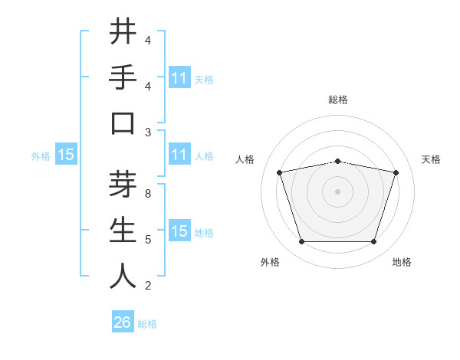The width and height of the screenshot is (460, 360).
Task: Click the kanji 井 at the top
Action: pos(123,32)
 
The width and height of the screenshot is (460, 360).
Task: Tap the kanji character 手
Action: pos(123,78)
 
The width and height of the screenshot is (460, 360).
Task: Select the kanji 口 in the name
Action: pos(123,124)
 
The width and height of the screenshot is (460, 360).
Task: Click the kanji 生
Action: pos(123,231)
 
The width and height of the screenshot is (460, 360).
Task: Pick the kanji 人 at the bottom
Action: pos(123,277)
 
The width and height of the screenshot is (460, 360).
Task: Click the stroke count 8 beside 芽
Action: pos(148,194)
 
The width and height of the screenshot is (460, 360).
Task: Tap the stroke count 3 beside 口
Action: pos(148,133)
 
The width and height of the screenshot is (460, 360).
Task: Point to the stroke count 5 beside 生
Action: pos(148,240)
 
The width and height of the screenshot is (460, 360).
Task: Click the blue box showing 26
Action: pos(123,322)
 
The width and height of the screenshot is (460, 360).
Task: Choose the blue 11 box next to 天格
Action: pos(179,78)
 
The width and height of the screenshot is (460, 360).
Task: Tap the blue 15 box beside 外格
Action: pos(65,155)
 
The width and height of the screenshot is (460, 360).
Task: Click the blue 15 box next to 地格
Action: pos(179,232)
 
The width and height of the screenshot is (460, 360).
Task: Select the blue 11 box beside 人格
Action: pos(179,155)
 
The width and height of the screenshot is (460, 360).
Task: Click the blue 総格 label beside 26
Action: pos(147,324)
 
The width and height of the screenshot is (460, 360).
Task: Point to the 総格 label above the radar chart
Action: pos(337,100)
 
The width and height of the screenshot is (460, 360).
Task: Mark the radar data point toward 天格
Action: pos(396,172)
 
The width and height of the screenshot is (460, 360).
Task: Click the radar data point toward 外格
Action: pos(301,242)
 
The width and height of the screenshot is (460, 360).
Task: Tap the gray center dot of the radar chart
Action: pos(337,191)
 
